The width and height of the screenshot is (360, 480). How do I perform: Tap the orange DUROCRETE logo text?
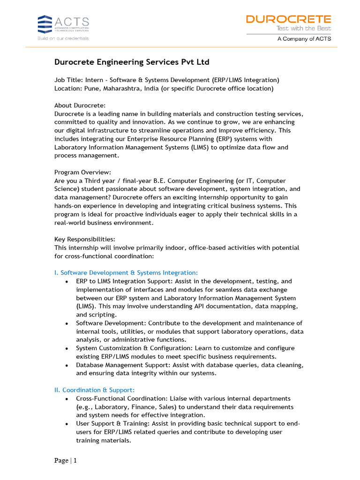(288, 19)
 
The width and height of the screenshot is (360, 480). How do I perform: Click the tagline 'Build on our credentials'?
(63, 38)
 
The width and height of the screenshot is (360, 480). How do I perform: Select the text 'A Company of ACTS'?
(304, 39)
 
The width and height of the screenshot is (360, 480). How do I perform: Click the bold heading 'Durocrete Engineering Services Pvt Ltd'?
(132, 62)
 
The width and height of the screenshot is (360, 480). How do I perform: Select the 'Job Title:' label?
(68, 80)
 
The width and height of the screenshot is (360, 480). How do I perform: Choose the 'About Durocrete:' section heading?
(80, 105)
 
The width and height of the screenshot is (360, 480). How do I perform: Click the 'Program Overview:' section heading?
(82, 172)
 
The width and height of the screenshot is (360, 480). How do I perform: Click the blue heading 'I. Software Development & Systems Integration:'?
(126, 273)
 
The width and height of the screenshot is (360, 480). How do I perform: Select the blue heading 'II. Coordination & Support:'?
(94, 390)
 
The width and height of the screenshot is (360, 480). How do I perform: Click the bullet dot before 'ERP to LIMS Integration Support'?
(67, 282)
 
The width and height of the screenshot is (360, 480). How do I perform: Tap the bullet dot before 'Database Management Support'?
(67, 365)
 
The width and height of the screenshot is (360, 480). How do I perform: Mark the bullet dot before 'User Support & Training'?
(67, 424)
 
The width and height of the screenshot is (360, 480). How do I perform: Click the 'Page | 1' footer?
(65, 460)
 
